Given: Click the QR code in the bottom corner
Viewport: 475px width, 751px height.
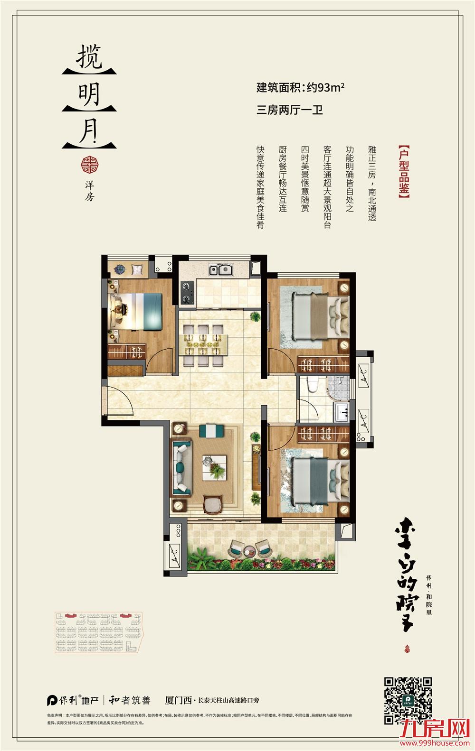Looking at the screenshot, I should click(408, 700).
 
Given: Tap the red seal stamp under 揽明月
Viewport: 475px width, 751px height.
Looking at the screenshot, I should click(89, 165).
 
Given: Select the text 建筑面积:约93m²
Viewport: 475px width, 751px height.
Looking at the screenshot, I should click(300, 88).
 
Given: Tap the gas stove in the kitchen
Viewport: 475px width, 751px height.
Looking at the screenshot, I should click(187, 293).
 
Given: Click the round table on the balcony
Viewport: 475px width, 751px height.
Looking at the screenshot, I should click(249, 551).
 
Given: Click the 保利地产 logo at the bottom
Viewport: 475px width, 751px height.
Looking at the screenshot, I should click(73, 700).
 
